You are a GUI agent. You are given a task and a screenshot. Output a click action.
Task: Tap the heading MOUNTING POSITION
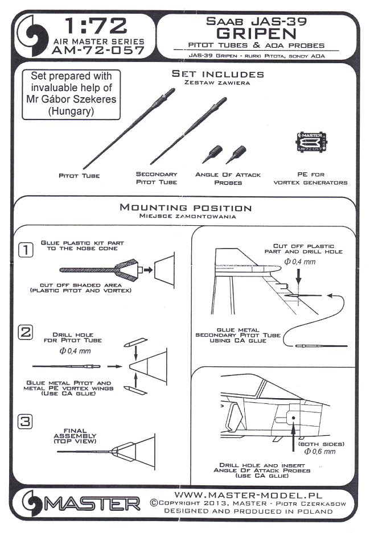(185, 208)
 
